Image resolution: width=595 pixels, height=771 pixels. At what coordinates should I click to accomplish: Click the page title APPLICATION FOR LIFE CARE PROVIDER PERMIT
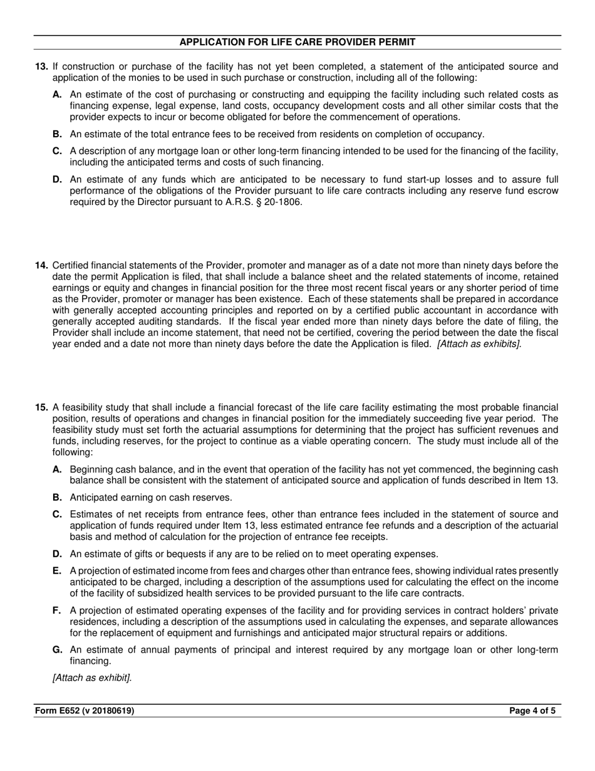(297, 42)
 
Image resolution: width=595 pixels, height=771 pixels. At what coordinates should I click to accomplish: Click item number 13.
(41, 66)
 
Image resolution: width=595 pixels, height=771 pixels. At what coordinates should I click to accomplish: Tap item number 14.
(41, 265)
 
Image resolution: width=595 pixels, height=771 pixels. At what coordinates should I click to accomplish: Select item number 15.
(41, 407)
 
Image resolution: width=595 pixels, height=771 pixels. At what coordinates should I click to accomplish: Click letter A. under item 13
(58, 95)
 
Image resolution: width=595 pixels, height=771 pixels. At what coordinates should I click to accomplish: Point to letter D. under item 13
(58, 180)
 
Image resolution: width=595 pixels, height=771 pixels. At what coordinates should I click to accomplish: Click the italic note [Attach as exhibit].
(92, 678)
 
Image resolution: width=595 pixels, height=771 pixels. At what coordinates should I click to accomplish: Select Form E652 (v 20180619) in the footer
(85, 711)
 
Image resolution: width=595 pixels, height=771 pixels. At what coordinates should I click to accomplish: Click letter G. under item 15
(58, 650)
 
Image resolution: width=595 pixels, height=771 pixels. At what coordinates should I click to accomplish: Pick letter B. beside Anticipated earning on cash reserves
(58, 498)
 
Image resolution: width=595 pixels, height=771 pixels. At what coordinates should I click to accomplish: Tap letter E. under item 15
(58, 570)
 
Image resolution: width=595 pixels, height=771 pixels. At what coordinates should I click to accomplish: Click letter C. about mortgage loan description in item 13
(58, 151)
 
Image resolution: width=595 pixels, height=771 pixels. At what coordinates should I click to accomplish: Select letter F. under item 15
(58, 611)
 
